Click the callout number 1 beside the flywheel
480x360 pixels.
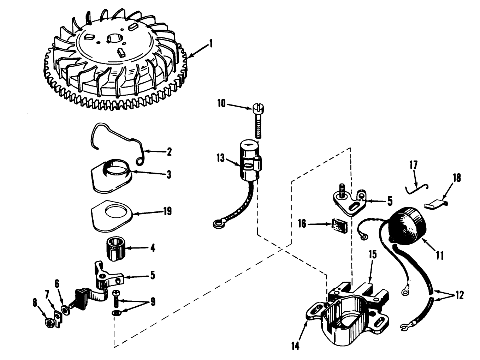pos(211,44)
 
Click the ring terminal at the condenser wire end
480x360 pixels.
pos(217,223)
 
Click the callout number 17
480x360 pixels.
pos(414,165)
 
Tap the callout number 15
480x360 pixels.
pos(374,254)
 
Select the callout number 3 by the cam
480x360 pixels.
pos(169,174)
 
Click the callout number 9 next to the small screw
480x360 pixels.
pos(153,302)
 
